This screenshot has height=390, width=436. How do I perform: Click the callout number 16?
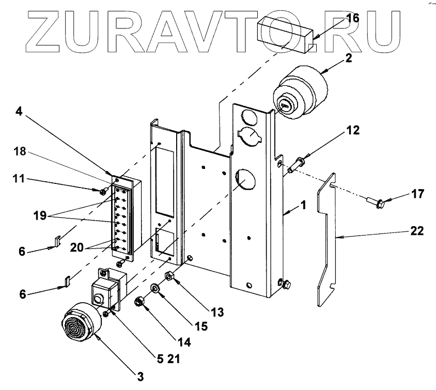[x=352, y=18]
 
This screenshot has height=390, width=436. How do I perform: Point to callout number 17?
[x=418, y=195]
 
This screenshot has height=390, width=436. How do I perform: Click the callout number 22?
[x=418, y=231]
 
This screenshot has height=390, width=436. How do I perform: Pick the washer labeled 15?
[x=154, y=287]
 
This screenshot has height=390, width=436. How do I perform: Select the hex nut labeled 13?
[x=168, y=275]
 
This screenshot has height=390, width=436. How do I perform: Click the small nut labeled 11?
[x=102, y=192]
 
